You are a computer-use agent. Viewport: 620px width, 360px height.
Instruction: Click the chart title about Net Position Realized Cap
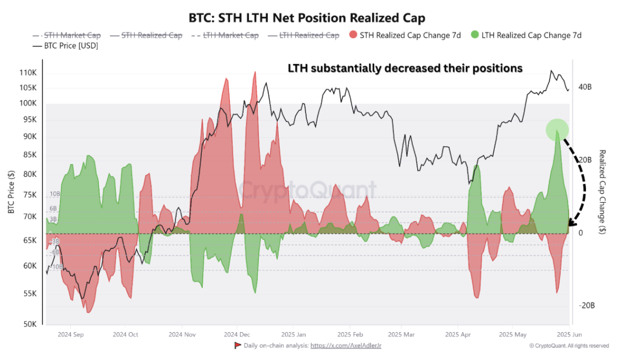click(x=307, y=18)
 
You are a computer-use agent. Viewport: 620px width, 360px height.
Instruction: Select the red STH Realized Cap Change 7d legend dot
click(x=354, y=36)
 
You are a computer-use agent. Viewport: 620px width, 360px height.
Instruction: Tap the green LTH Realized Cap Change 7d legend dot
click(x=475, y=36)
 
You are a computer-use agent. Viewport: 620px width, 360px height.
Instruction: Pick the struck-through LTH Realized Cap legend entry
click(x=303, y=36)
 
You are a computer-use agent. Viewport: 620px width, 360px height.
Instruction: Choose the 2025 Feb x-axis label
click(x=350, y=334)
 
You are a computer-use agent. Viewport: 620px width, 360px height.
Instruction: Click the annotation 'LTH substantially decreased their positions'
click(x=405, y=69)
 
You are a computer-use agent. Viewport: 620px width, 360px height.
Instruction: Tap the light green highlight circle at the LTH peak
click(x=557, y=129)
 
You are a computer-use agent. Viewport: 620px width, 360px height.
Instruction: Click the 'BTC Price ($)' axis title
click(x=11, y=192)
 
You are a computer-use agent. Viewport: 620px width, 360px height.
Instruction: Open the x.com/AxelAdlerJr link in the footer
click(x=345, y=346)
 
